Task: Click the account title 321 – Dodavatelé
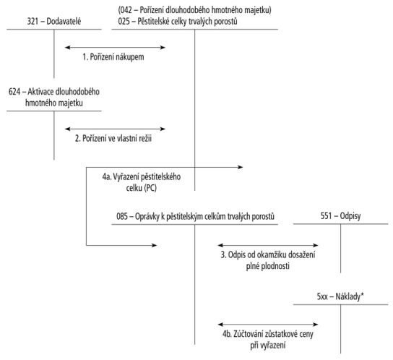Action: pyautogui.click(x=54, y=21)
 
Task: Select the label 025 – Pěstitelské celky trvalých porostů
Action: pyautogui.click(x=178, y=21)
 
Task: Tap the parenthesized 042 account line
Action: pyautogui.click(x=195, y=10)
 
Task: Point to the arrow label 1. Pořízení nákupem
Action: pyautogui.click(x=113, y=57)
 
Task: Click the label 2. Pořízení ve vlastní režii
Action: pyautogui.click(x=113, y=138)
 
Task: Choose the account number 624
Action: pyautogui.click(x=14, y=92)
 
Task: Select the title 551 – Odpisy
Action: pyautogui.click(x=340, y=215)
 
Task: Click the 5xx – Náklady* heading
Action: pyautogui.click(x=340, y=296)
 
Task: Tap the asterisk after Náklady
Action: pyautogui.click(x=362, y=294)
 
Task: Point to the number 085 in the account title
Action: pyautogui.click(x=122, y=216)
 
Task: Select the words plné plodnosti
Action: pyautogui.click(x=268, y=266)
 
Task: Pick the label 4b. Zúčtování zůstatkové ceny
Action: pyautogui.click(x=268, y=334)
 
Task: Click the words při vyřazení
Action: pyautogui.click(x=268, y=346)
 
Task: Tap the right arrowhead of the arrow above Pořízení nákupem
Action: pyautogui.click(x=163, y=48)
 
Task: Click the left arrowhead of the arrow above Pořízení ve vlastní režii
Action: pyautogui.click(x=68, y=129)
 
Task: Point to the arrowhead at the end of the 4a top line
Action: pyautogui.click(x=240, y=167)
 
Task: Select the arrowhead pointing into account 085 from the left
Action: pyautogui.click(x=154, y=245)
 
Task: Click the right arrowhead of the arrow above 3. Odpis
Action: pyautogui.click(x=315, y=245)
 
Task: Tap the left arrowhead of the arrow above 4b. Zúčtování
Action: pyautogui.click(x=221, y=325)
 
